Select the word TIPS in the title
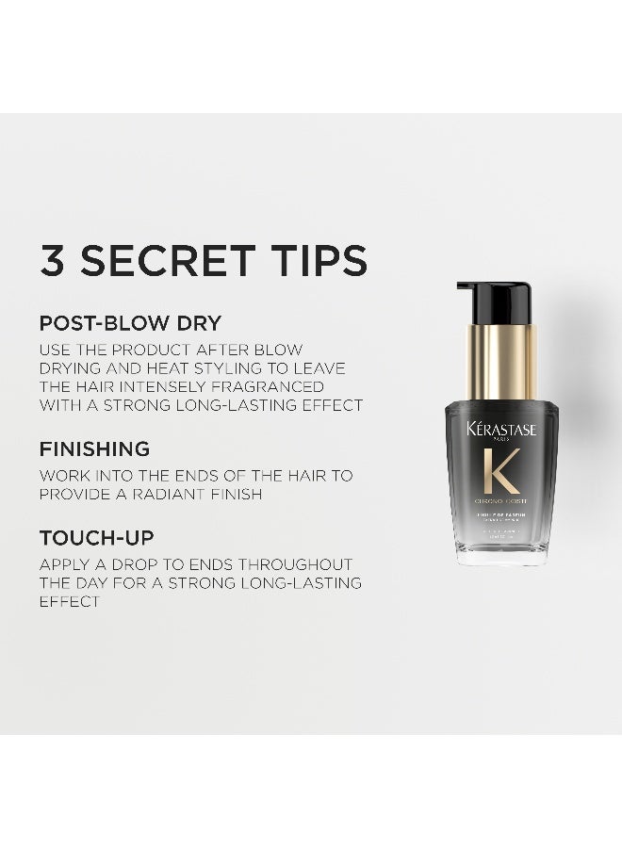coord(315,261)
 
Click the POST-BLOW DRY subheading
coord(130,323)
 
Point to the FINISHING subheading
coord(94,449)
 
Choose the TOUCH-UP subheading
coord(96,538)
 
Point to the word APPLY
coord(64,564)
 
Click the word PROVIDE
coord(78,494)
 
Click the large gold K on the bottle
coord(501,471)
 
